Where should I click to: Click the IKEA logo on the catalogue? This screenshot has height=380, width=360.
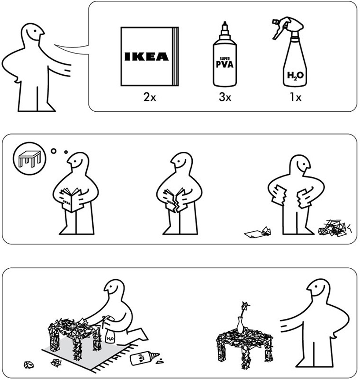pyautogui.click(x=147, y=56)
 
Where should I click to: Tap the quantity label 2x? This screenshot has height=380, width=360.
pyautogui.click(x=150, y=97)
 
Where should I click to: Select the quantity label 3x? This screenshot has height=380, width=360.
pyautogui.click(x=225, y=97)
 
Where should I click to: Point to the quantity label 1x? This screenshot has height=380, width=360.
pyautogui.click(x=296, y=97)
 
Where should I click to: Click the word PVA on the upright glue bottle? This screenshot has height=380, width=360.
pyautogui.click(x=225, y=64)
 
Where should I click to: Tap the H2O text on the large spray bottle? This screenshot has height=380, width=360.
pyautogui.click(x=295, y=75)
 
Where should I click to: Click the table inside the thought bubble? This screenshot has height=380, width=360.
pyautogui.click(x=29, y=158)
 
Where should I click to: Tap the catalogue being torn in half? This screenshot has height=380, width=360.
pyautogui.click(x=175, y=201)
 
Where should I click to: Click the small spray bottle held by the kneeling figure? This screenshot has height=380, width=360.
pyautogui.click(x=109, y=329)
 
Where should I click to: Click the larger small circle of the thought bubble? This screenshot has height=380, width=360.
pyautogui.click(x=54, y=151)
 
